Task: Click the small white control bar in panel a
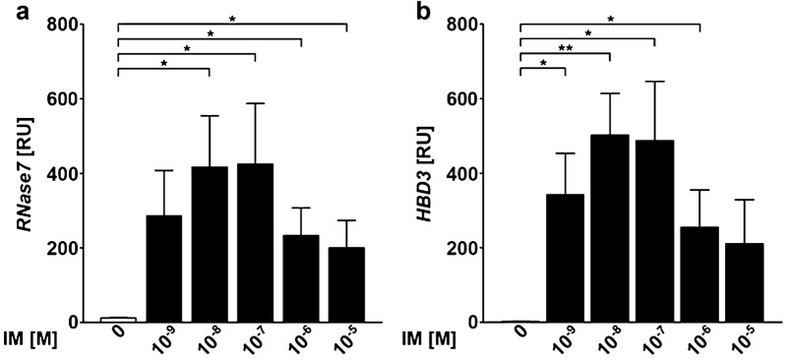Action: coord(118,319)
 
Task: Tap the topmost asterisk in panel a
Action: coord(232,18)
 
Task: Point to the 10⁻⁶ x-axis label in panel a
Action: coord(296,341)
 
